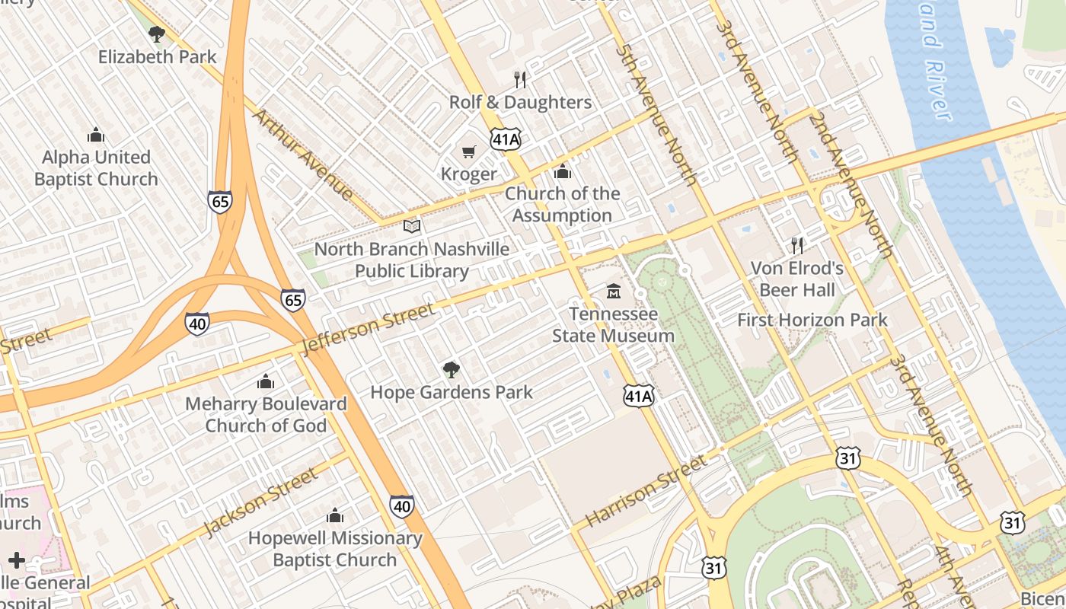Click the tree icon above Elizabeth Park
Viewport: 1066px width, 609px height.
[x=157, y=33]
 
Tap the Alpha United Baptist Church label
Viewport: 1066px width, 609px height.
[x=96, y=168]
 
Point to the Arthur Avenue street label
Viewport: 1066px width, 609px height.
[x=302, y=155]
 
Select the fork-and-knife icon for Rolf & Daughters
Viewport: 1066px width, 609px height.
[x=520, y=80]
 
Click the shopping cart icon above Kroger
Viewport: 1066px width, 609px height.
[x=469, y=152]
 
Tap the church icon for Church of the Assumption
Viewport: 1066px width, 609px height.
[x=563, y=172]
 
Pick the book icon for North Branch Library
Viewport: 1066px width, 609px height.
[x=412, y=226]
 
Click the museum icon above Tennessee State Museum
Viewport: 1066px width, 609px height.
[x=613, y=292]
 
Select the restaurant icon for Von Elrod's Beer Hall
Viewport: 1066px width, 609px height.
[x=797, y=245]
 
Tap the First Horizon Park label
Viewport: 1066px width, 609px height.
[x=812, y=320]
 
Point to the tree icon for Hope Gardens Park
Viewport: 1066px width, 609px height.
[x=452, y=370]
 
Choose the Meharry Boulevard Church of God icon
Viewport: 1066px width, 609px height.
[x=266, y=381]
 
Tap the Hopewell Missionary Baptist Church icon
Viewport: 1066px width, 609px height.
[x=334, y=516]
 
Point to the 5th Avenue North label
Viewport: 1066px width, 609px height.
[x=657, y=113]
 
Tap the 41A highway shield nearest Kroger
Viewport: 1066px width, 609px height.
[x=506, y=139]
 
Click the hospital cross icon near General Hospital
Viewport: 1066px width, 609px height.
[x=17, y=561]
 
